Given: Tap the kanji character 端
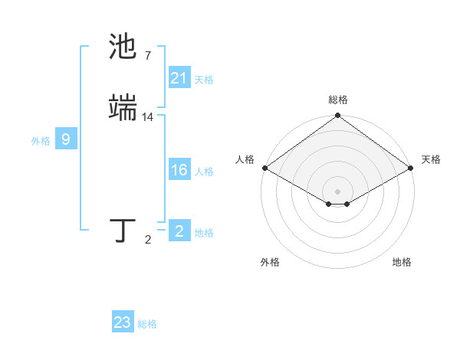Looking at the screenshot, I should click(x=123, y=108).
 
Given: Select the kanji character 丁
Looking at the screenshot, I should click(x=123, y=231).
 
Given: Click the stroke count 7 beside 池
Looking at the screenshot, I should click(x=147, y=55).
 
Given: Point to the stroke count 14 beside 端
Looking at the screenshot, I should click(x=148, y=116).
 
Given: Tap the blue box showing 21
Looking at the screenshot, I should click(x=179, y=77).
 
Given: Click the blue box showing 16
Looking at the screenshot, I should click(x=179, y=170).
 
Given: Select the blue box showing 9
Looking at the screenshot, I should click(x=66, y=139).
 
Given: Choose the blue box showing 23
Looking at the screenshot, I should click(x=122, y=322).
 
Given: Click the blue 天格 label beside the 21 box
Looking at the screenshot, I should click(x=204, y=79).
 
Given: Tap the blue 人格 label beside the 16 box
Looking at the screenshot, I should click(x=204, y=172).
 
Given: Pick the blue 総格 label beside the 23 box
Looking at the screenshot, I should click(x=147, y=324).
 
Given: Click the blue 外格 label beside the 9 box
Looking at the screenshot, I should click(x=41, y=141).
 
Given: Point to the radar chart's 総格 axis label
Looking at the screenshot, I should click(x=337, y=100).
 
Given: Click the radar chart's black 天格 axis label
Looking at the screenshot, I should click(x=431, y=159).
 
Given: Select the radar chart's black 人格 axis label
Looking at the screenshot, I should click(x=245, y=159).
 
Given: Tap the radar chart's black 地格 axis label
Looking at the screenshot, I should click(x=402, y=262).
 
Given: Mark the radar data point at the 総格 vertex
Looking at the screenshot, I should click(x=337, y=116).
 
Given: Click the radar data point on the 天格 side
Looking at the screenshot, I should click(x=412, y=168).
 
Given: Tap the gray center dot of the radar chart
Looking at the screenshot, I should click(x=337, y=191).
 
